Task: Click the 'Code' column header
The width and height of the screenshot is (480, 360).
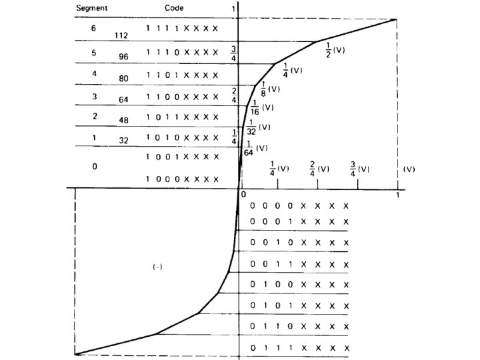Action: click(x=175, y=8)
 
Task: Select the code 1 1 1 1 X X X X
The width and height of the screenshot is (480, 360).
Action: click(x=181, y=28)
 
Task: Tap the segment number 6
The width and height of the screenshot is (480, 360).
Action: click(x=94, y=29)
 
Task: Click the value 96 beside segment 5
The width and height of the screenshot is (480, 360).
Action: click(x=123, y=57)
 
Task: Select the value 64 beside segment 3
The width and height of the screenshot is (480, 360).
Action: click(x=123, y=100)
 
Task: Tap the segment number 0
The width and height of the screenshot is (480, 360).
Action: click(x=94, y=167)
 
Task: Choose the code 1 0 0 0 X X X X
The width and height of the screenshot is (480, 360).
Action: click(x=181, y=179)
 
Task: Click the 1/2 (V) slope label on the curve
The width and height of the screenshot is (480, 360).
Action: click(x=335, y=51)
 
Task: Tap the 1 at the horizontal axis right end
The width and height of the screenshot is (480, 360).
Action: click(x=398, y=195)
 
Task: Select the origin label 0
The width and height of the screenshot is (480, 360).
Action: click(x=243, y=194)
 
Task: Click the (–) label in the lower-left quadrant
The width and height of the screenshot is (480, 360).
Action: click(x=158, y=267)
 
